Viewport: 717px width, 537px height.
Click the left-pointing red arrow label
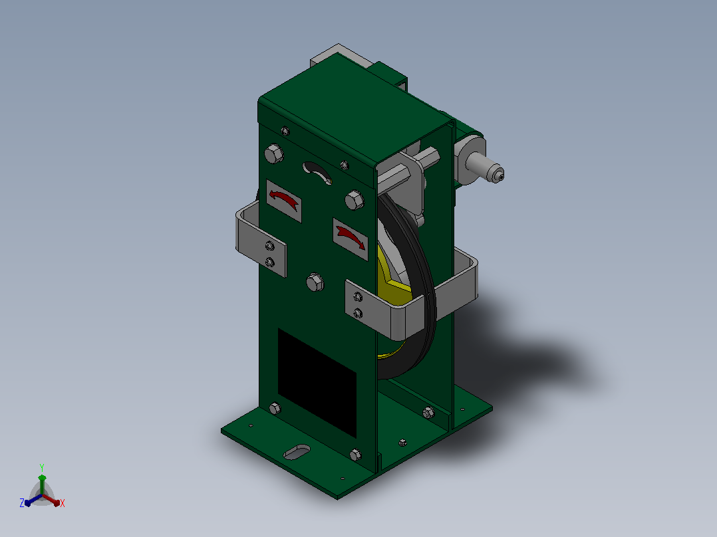tap(283, 201)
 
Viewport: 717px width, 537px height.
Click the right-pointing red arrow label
tap(351, 239)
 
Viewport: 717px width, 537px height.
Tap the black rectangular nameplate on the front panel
tap(317, 383)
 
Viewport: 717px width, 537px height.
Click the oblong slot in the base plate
tap(297, 452)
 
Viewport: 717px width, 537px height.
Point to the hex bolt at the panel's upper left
tap(273, 154)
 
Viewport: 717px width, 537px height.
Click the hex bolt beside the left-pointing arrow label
tap(355, 200)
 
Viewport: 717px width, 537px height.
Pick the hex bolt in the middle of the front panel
tap(315, 282)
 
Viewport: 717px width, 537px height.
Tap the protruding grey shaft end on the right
tap(490, 168)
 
